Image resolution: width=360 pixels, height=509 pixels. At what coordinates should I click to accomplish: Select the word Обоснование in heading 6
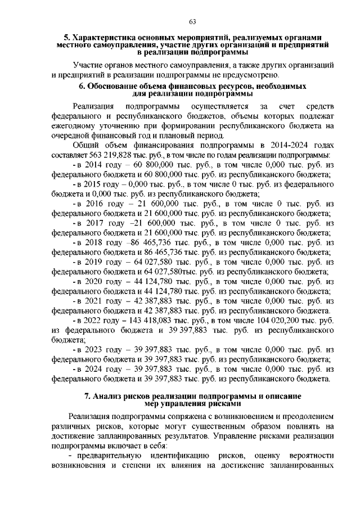[x=120, y=87]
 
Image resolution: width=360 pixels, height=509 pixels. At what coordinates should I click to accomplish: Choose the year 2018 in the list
[x=91, y=242]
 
